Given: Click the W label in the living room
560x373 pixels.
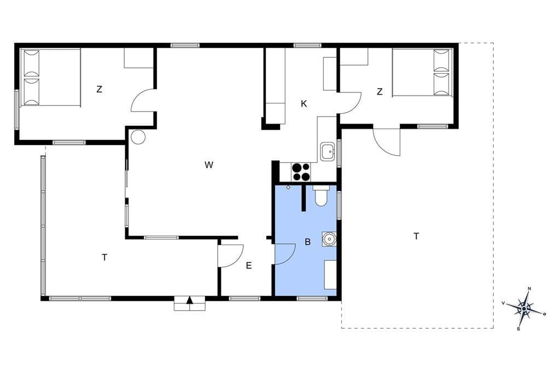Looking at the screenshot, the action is click(209, 165).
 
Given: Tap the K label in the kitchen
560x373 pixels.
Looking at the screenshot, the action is click(304, 103).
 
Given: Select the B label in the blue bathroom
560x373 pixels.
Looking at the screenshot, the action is click(307, 242).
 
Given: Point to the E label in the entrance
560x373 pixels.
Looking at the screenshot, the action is click(249, 265).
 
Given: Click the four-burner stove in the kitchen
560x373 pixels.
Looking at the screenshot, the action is click(301, 172).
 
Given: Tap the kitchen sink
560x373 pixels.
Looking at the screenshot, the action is click(328, 151).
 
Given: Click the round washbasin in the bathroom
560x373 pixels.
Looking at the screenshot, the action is click(329, 239).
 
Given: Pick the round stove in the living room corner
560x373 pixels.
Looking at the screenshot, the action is click(138, 137).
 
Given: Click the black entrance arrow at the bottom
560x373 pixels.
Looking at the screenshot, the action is click(190, 300).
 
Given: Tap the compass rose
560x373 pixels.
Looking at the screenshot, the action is click(524, 308).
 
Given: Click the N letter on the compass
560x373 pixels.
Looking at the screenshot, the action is click(529, 289).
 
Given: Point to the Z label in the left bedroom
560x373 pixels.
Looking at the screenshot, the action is click(100, 89).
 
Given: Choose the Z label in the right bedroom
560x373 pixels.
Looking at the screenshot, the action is click(380, 92).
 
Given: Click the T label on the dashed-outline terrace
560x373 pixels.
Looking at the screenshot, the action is click(416, 236).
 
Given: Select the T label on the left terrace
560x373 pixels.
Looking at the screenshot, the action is click(104, 257).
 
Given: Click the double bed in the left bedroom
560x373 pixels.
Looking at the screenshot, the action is click(51, 77).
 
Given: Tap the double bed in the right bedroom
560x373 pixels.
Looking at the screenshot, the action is click(422, 73).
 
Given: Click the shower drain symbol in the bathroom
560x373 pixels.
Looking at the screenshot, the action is click(288, 187).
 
